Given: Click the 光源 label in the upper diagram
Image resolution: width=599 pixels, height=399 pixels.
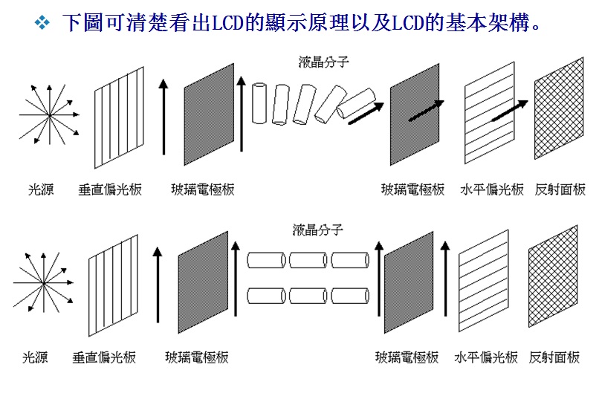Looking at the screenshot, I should point(41,189).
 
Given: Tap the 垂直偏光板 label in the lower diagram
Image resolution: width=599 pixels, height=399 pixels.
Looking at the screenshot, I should point(104,357).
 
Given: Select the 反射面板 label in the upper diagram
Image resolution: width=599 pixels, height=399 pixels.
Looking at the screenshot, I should point(560,189).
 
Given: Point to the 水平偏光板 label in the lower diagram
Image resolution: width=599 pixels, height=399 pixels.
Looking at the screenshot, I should point(486,357).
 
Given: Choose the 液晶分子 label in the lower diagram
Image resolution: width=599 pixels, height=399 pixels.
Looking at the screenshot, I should point(317,230).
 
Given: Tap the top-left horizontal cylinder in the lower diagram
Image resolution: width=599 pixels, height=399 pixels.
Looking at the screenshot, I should point(266,260).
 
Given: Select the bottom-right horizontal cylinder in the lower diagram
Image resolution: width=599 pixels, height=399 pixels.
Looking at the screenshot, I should point(350,295).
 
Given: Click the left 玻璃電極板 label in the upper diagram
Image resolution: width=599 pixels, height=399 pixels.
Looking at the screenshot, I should point(202,189).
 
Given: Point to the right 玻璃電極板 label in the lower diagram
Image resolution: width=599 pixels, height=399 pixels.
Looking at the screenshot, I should point(407,357).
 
